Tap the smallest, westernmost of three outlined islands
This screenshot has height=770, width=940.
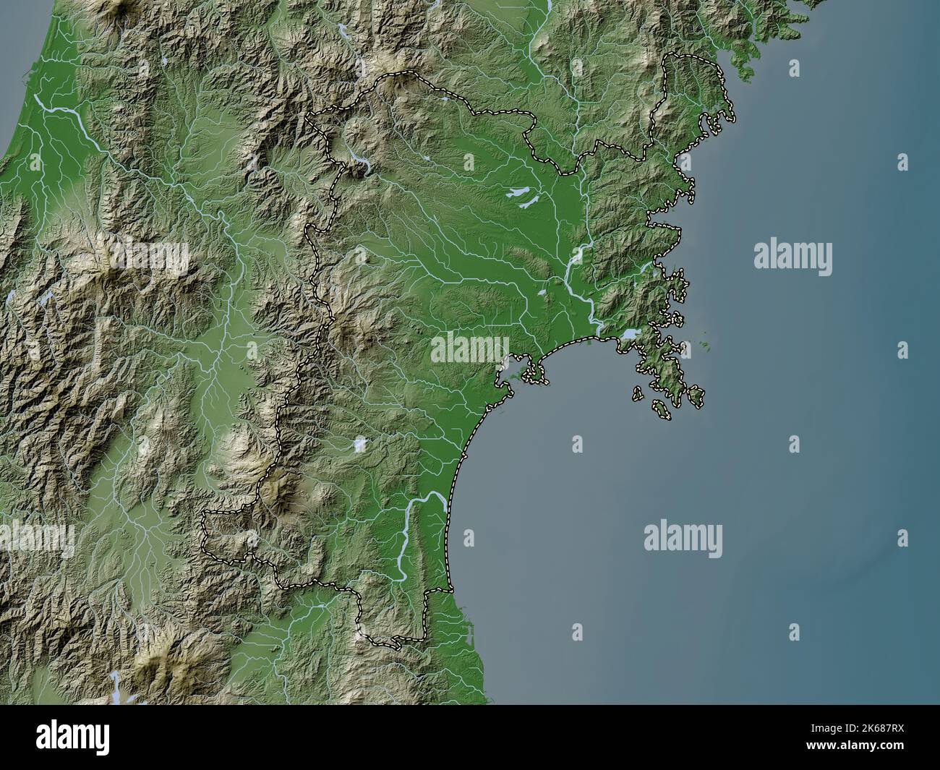pos(638,394)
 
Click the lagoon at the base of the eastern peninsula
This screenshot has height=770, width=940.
pos(628,335)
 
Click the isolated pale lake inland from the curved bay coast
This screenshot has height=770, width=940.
pos(359,444)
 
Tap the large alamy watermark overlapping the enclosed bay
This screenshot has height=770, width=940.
pos(470,348)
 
